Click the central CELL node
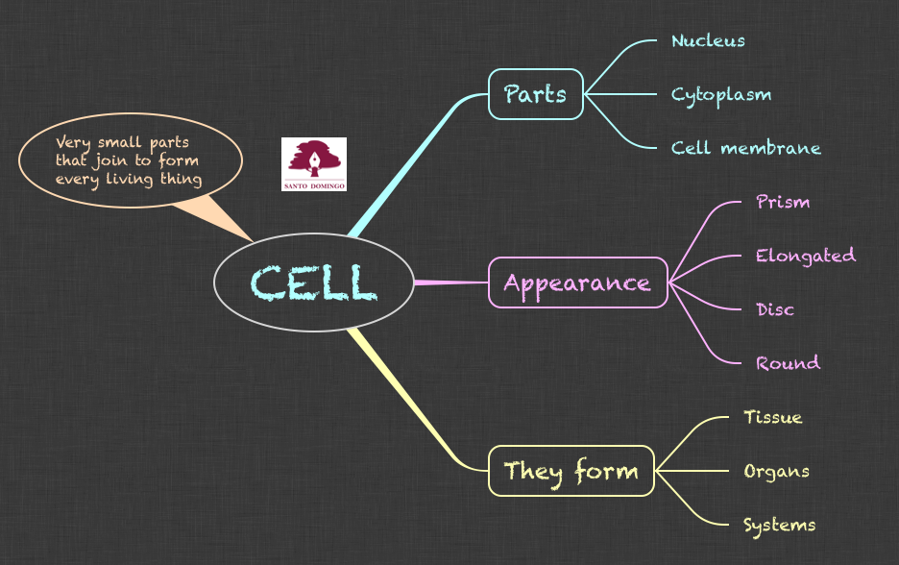[x=314, y=282]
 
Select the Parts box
[x=535, y=94]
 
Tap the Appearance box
[x=577, y=282]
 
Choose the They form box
[x=571, y=471]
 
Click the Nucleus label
[x=708, y=40]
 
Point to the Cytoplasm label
[x=721, y=94]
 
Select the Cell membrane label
[x=746, y=148]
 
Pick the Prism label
[x=783, y=202]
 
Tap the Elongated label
[x=805, y=256]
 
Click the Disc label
[x=775, y=309]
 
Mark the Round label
[x=788, y=363]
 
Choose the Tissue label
[x=773, y=417]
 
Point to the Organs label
[x=776, y=471]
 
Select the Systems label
[x=780, y=525]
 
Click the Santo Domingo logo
[x=314, y=164]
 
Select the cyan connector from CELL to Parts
[x=413, y=163]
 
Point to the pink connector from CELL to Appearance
[x=451, y=282]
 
